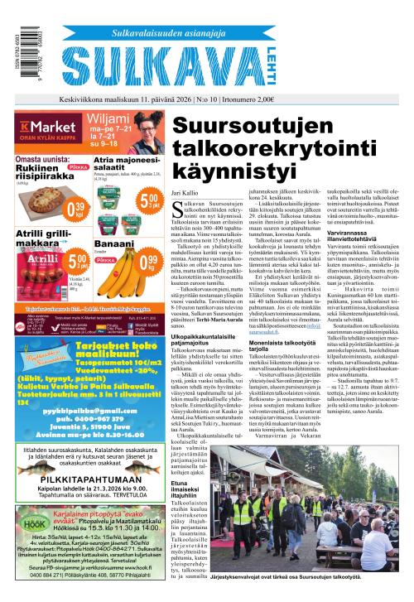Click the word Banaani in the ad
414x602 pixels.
click(109, 245)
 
